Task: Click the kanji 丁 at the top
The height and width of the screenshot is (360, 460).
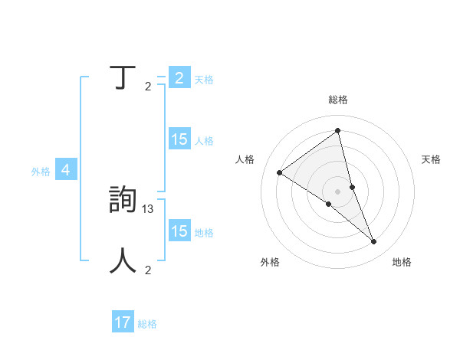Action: click(123, 78)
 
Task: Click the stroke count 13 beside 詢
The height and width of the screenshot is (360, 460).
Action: click(149, 208)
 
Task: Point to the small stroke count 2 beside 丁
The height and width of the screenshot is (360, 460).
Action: click(148, 86)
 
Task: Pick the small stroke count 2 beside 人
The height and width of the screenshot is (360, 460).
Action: click(148, 270)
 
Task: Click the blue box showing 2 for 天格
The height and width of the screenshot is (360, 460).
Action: click(179, 78)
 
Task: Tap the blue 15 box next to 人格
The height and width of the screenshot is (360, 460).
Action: click(179, 139)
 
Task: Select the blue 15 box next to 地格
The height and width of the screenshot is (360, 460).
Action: click(179, 231)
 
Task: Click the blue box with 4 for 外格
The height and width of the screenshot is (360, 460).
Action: click(66, 170)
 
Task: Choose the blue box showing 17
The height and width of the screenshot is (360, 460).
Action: click(123, 322)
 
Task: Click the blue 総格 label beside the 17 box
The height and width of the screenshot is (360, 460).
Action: click(147, 324)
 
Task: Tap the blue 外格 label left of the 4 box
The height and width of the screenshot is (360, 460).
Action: click(41, 172)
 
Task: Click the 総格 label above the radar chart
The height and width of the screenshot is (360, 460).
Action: click(338, 100)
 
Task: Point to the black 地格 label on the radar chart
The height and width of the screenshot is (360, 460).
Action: click(402, 262)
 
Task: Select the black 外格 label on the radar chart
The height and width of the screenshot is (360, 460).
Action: click(270, 262)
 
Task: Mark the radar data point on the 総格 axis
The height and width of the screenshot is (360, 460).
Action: click(338, 131)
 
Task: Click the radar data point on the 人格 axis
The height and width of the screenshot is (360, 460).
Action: click(279, 172)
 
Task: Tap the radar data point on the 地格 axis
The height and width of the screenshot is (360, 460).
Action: click(374, 242)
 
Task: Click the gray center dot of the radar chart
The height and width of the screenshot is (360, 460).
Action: click(337, 191)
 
